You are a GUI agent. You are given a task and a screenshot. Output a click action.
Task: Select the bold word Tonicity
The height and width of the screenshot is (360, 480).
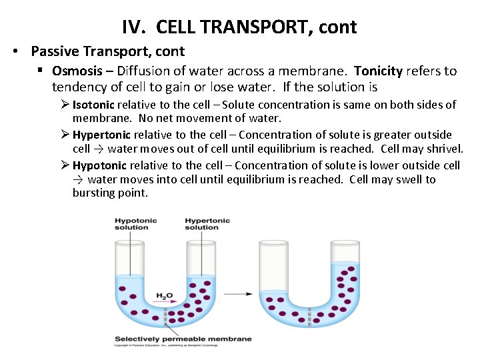tap(378, 71)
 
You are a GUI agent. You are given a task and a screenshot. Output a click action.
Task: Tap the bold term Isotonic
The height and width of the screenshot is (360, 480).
tap(93, 105)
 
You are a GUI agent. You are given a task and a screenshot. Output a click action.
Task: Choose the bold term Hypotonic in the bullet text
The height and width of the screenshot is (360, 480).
tap(100, 165)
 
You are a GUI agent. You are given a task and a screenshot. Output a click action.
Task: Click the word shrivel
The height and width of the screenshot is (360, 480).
tap(443, 148)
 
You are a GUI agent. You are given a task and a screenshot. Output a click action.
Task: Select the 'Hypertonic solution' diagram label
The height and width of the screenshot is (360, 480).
tap(207, 224)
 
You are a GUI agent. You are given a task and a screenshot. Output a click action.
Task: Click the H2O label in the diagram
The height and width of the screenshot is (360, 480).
tap(164, 296)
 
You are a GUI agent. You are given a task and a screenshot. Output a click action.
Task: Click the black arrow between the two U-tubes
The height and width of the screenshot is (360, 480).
tap(245, 293)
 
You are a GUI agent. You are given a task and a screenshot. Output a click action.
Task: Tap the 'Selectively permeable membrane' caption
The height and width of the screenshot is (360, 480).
tap(183, 339)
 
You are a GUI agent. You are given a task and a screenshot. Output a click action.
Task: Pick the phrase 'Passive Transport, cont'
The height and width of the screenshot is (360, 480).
tap(107, 51)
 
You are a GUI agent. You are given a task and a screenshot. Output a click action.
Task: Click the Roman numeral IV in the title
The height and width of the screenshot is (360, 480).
tap(131, 27)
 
